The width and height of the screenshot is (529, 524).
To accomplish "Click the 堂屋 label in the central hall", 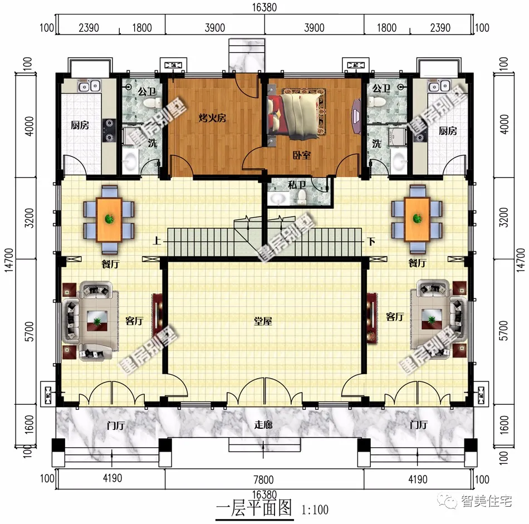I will (x=263, y=321).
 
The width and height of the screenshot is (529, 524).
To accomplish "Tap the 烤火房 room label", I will (x=213, y=118).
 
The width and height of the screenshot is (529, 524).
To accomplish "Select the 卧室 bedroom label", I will (x=302, y=156).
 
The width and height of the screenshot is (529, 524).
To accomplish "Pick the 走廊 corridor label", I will (x=263, y=424).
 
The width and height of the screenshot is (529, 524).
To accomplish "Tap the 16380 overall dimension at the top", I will (x=264, y=7).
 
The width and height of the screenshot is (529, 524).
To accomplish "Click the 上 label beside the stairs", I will (x=158, y=242).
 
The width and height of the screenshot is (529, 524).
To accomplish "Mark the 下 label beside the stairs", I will (x=370, y=242).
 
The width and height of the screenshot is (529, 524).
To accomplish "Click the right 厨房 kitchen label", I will (x=448, y=131).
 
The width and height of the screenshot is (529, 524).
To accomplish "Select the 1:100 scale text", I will (x=315, y=509).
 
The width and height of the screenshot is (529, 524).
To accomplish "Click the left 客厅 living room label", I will (x=134, y=321).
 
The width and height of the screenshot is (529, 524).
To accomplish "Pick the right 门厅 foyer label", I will (x=418, y=424).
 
